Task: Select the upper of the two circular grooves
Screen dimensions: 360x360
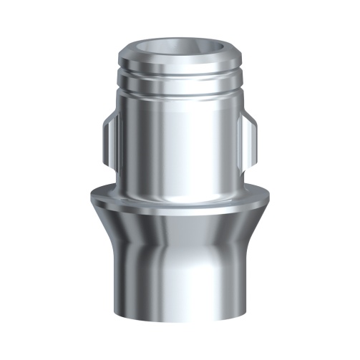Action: pos(179,71)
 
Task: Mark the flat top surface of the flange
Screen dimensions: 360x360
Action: pos(179,197)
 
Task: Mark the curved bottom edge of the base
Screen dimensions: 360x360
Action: pos(179,330)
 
